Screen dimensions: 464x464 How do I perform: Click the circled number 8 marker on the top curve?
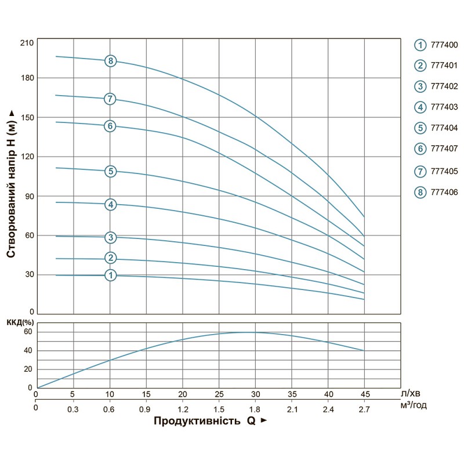click(x=110, y=61)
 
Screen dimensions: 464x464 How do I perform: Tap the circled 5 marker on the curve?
click(x=110, y=171)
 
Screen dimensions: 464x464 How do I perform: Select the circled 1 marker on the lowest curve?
click(x=110, y=275)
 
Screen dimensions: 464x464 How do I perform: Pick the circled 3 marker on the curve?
click(x=110, y=237)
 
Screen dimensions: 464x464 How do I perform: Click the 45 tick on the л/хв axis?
click(x=364, y=395)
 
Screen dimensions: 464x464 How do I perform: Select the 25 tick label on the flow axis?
click(x=219, y=395)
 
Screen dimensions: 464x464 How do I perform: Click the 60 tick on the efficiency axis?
click(x=27, y=332)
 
